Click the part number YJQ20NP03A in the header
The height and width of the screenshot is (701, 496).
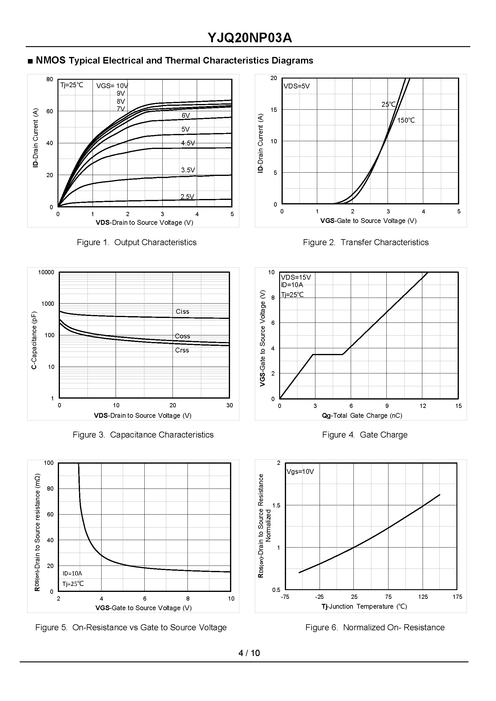(x=249, y=38)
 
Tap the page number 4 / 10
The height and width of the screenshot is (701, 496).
(x=249, y=653)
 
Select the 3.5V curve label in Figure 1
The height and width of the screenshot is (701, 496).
(x=188, y=170)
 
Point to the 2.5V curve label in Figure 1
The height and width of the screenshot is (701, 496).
(x=187, y=197)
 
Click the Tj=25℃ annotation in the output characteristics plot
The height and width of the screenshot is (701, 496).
(x=72, y=85)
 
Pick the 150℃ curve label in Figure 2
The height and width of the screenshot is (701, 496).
(x=406, y=120)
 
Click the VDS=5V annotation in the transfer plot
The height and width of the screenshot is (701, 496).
(x=296, y=86)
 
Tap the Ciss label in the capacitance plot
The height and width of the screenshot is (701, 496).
(x=182, y=311)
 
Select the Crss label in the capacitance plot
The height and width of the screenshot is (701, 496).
(x=182, y=350)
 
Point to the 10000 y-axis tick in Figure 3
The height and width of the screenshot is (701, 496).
(x=46, y=272)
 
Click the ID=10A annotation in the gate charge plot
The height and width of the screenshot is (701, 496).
(x=292, y=285)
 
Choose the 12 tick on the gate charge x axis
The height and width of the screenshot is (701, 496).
(x=423, y=406)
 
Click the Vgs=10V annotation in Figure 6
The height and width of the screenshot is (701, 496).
(x=300, y=471)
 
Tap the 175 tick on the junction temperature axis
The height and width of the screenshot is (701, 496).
(x=457, y=596)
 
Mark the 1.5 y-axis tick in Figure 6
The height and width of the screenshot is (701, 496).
(x=276, y=505)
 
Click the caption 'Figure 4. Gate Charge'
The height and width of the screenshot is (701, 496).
(x=365, y=435)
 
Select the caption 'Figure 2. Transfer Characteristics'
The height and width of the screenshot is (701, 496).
(x=366, y=242)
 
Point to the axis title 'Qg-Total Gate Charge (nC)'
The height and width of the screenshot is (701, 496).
(x=362, y=415)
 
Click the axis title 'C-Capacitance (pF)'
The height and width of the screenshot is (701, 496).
(x=34, y=340)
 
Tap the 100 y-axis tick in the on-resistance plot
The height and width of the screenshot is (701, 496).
(x=49, y=463)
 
